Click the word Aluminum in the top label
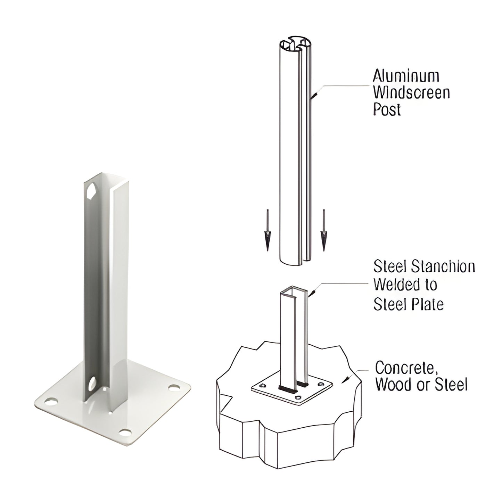[406, 76]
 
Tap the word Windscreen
[411, 93]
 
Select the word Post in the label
[387, 109]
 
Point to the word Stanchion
[444, 267]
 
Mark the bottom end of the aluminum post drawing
[295, 261]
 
